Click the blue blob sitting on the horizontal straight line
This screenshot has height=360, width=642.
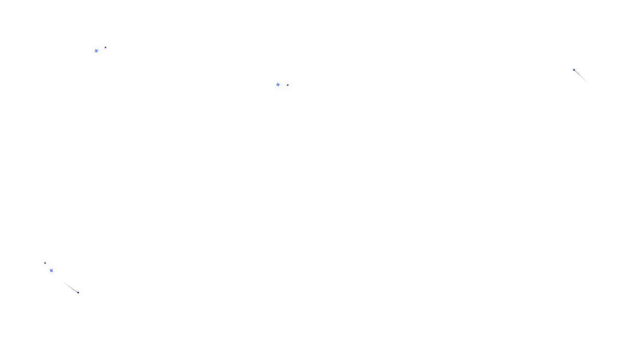coord(282,85)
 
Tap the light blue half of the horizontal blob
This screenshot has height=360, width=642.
coord(277,85)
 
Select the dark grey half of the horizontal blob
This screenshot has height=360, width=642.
coord(288,85)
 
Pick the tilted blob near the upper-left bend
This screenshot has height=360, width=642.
coord(101,49)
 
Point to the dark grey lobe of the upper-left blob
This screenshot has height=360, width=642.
coord(106,47)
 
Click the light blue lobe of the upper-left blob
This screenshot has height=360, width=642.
coord(96,51)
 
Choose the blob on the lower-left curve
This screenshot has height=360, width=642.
coord(49,267)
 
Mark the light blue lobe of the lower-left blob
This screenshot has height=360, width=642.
coord(52,270)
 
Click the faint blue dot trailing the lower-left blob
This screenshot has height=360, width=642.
coord(76,292)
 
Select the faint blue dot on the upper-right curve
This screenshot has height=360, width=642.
coord(575,70)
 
